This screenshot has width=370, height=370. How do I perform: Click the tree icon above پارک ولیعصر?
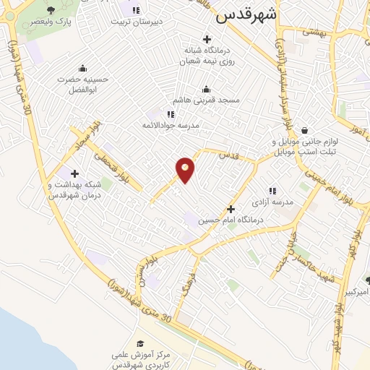pyautogui.click(x=51, y=10)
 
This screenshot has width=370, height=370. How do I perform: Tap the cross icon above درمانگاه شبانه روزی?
pyautogui.click(x=207, y=39)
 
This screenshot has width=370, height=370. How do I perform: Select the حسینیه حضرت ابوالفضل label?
pyautogui.click(x=83, y=85)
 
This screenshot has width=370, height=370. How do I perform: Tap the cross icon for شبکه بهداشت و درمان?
pyautogui.click(x=74, y=173)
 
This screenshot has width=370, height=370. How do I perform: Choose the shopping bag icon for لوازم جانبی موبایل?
pyautogui.click(x=304, y=131)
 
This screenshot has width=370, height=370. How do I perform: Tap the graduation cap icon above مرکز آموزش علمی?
pyautogui.click(x=140, y=343)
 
